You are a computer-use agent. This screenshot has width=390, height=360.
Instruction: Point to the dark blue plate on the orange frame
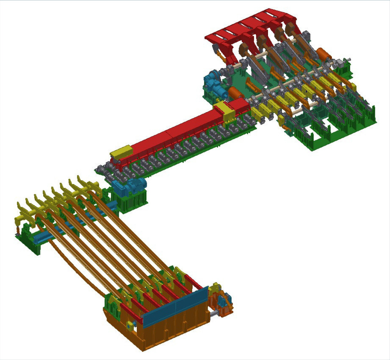(176, 307)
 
